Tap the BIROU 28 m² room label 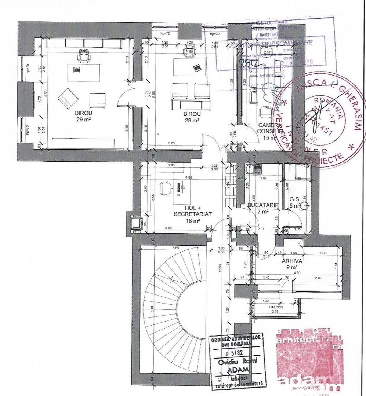(192, 117)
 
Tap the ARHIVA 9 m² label (292, 264)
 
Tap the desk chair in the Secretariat (166, 188)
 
